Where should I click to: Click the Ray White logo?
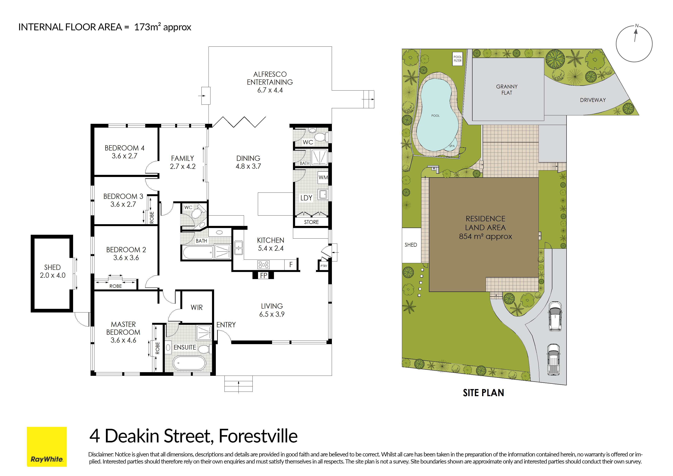pos(47,446)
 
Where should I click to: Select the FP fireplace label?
pos(264,275)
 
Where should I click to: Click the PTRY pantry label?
pos(324,266)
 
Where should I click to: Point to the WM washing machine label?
pos(323,177)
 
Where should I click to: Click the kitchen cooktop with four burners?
pos(263,265)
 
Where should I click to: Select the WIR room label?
pos(197,307)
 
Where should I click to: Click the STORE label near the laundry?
pos(311,222)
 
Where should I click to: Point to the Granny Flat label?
pos(507,89)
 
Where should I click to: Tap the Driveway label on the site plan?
pos(593,100)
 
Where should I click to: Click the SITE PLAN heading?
pos(483,393)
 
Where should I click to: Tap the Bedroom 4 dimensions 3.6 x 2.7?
pos(124,156)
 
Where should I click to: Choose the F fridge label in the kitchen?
pos(291,264)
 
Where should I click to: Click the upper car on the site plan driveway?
pos(555,317)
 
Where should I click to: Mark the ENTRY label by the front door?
pos(226,325)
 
